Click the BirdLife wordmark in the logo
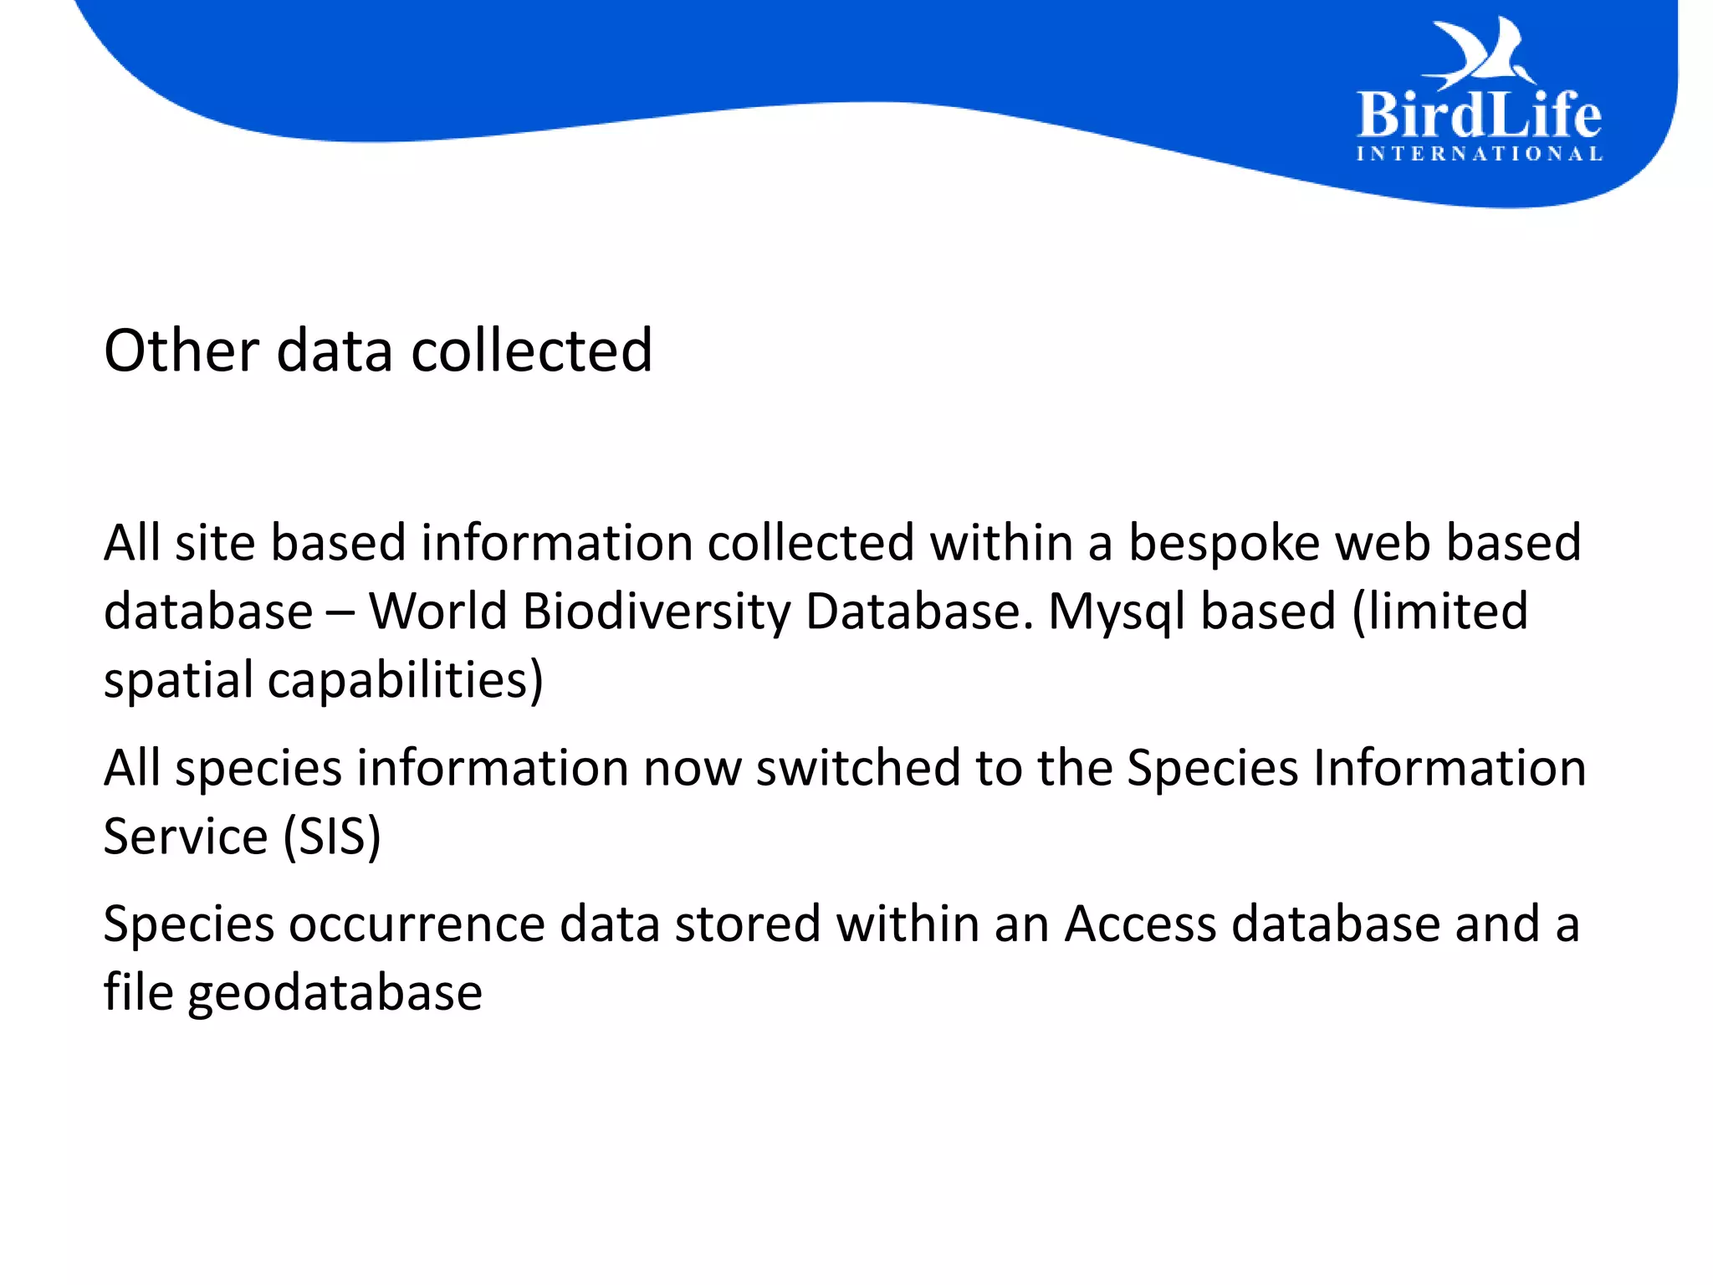pyautogui.click(x=1479, y=115)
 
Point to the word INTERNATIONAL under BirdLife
pyautogui.click(x=1479, y=154)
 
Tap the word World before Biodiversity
pyautogui.click(x=437, y=612)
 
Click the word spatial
pyautogui.click(x=178, y=680)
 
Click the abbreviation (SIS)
pyautogui.click(x=332, y=837)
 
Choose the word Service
pyautogui.click(x=186, y=837)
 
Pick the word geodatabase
pyautogui.click(x=335, y=994)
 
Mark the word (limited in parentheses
pyautogui.click(x=1439, y=612)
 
